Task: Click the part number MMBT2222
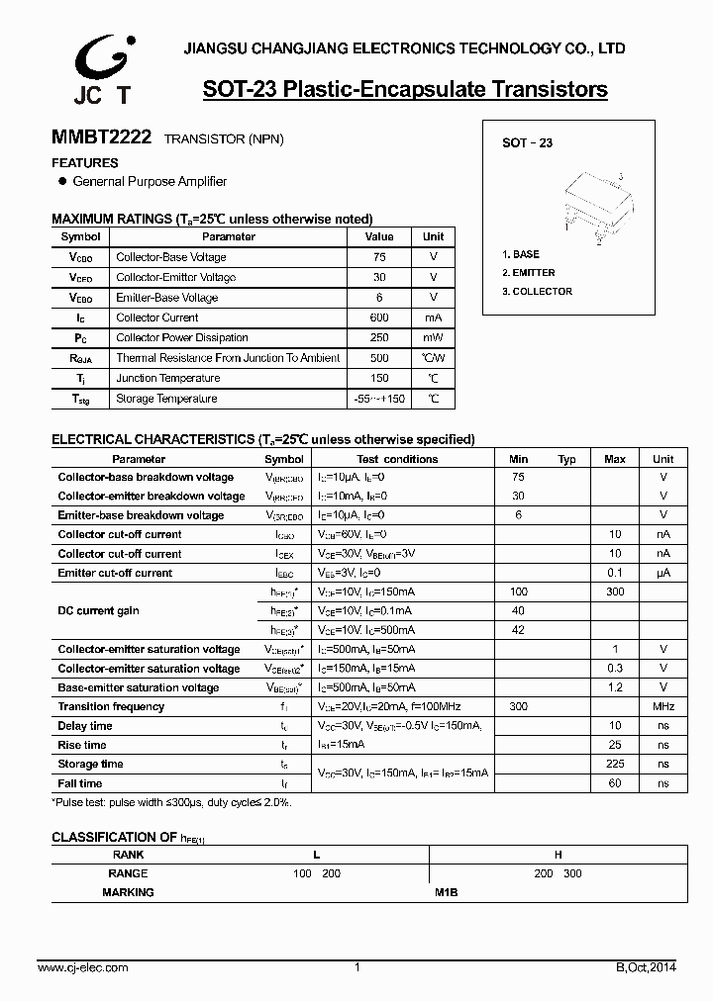[101, 139]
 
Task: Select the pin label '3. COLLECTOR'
[537, 292]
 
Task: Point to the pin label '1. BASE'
[521, 254]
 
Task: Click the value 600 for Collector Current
[378, 318]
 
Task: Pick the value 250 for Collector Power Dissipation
[378, 338]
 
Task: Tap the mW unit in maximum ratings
[433, 338]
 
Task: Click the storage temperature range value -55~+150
[378, 399]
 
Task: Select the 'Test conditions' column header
[397, 459]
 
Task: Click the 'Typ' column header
[566, 459]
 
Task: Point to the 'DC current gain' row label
[98, 611]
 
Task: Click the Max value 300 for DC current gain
[615, 591]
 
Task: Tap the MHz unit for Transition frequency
[663, 707]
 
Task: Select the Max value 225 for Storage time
[615, 765]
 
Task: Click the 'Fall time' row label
[80, 783]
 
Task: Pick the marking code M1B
[446, 892]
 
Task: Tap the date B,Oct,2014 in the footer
[645, 967]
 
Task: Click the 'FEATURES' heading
[85, 163]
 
